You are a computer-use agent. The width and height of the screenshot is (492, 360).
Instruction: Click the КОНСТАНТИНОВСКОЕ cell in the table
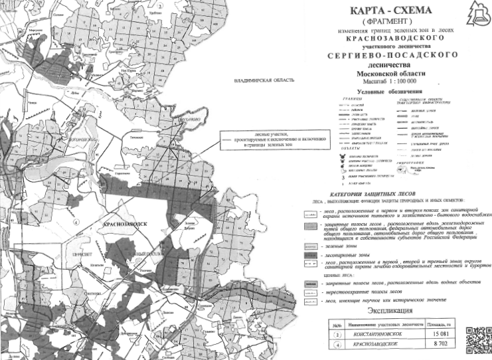(380, 333)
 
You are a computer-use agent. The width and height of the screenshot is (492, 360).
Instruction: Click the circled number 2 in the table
(339, 333)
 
